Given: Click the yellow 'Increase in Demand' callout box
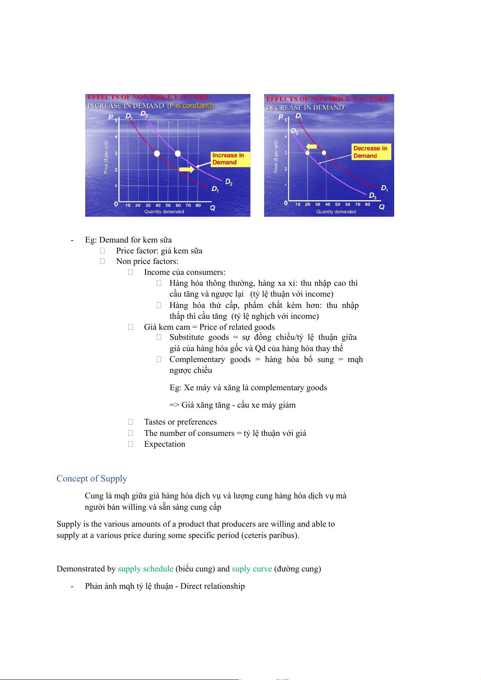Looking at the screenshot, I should click(230, 159).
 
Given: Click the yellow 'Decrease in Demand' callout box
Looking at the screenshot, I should click(371, 152).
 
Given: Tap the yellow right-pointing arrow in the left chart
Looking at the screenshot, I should click(187, 169).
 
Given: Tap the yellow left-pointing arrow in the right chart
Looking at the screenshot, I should click(311, 146).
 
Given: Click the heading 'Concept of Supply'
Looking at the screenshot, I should click(92, 479).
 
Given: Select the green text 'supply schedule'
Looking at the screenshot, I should click(145, 569).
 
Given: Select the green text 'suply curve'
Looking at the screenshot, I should click(252, 569).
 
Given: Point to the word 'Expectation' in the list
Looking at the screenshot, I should click(165, 444).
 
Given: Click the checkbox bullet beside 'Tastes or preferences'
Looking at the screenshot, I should click(130, 422).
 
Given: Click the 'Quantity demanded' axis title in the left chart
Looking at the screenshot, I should click(164, 211).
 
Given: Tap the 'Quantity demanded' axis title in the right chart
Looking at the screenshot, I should click(336, 211).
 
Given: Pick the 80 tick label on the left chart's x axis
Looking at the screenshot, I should click(198, 205).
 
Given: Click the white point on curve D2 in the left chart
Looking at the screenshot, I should click(178, 153).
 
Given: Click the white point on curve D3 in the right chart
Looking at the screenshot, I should click(308, 153).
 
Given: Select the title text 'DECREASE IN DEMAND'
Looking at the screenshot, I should click(305, 108).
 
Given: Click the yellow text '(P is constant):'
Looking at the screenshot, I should click(191, 106).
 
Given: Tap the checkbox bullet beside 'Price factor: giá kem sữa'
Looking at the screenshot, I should click(103, 251).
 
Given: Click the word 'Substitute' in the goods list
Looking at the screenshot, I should click(187, 337).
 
